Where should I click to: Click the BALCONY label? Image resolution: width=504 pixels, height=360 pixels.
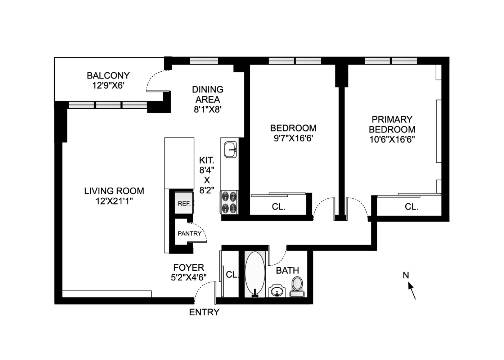tap(108, 76)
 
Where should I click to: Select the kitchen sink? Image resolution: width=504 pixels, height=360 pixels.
tap(230, 149)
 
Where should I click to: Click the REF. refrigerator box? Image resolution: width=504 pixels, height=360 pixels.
tap(184, 203)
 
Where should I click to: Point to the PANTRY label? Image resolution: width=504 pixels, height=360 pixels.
tap(189, 234)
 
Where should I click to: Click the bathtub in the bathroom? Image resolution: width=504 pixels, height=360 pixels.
tap(255, 274)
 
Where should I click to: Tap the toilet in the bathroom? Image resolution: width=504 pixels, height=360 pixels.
tap(297, 287)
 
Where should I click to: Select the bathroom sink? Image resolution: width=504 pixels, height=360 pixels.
tap(277, 291)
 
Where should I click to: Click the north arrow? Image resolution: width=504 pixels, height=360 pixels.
tap(412, 291)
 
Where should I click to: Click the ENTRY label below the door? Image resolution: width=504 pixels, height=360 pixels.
tap(204, 312)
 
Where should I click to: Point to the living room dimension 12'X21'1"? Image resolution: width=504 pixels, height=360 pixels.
tap(114, 201)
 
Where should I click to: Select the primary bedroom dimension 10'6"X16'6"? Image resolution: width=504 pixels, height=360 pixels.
tap(392, 140)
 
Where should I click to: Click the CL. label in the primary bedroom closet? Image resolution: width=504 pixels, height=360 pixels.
tap(411, 207)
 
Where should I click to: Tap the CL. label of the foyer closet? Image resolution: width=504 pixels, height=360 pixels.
tap(232, 274)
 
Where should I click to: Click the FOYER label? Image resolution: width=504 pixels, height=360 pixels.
tap(189, 267)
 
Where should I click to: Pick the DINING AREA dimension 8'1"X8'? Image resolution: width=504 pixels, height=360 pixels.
tap(208, 109)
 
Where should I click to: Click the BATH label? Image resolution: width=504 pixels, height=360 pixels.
tap(287, 270)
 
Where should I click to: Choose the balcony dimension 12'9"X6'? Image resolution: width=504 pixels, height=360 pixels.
tap(108, 86)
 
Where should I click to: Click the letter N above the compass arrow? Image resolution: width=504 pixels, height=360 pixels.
tap(406, 275)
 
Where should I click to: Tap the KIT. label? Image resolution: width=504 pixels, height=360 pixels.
tap(207, 161)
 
